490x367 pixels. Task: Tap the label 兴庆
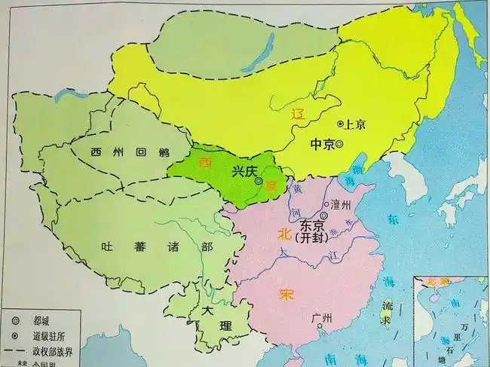pos(245,171)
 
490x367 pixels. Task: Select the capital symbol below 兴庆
pos(259,182)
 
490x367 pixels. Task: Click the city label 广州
pos(320,318)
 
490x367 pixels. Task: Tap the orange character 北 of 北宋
pos(283,231)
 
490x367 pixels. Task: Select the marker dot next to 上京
pos(340,123)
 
